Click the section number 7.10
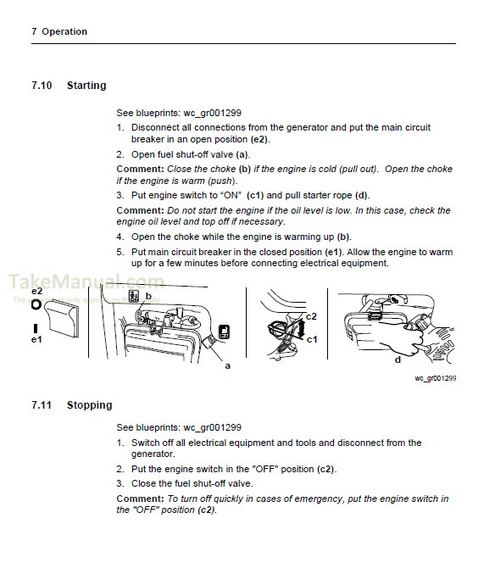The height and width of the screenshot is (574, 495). pos(41,86)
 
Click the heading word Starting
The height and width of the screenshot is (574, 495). pos(86,86)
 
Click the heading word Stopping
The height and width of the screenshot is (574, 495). pos(89,405)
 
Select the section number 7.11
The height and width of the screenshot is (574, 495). pos(41,405)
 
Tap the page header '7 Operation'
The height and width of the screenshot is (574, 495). pos(58,31)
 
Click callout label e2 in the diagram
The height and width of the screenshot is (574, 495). pos(36,292)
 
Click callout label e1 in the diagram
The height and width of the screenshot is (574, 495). pos(36,339)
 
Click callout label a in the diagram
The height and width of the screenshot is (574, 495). pos(227,365)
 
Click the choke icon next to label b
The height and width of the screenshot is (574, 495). pos(133,297)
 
